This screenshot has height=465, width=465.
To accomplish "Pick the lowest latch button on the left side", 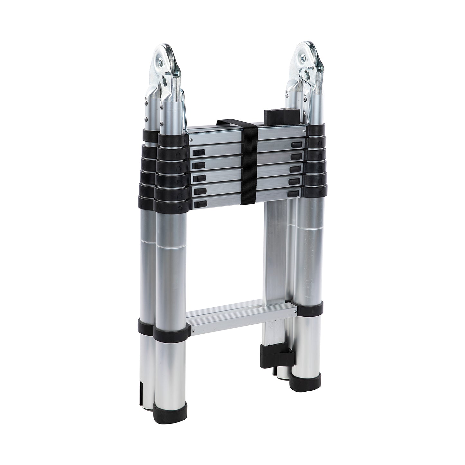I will pyautogui.click(x=200, y=204).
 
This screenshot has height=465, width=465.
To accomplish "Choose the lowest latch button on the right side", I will pyautogui.click(x=294, y=194).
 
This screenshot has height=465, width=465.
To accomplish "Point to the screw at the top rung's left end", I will pyautogui.click(x=191, y=140).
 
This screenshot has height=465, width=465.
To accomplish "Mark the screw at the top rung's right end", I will pyautogui.click(x=304, y=132).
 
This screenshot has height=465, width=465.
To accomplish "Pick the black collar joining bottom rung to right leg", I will pyautogui.click(x=309, y=308).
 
